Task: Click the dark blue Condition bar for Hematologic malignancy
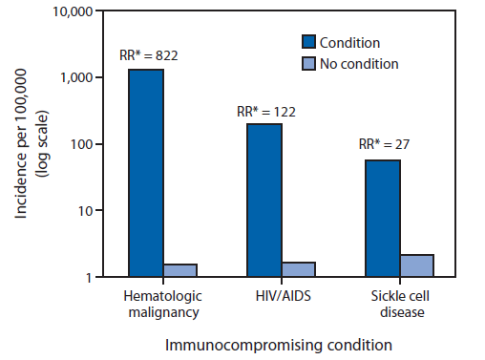[147, 173]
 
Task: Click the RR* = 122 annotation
[266, 112]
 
